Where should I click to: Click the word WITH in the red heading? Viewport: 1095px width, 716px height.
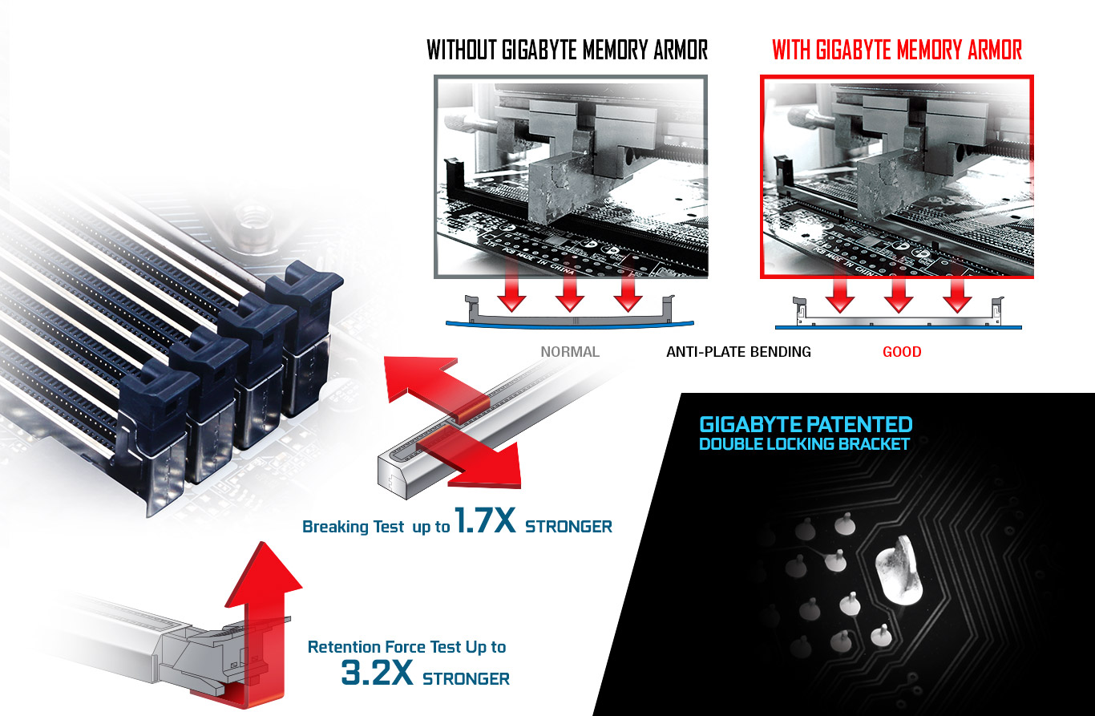click(x=791, y=50)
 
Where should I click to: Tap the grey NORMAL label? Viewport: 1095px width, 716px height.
click(x=570, y=352)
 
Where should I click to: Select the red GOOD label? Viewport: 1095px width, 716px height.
click(x=902, y=352)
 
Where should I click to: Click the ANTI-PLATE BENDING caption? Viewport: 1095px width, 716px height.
click(x=738, y=352)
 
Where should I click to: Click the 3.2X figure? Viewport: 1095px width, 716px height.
click(x=377, y=673)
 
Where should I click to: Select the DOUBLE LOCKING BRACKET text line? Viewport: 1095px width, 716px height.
click(x=804, y=444)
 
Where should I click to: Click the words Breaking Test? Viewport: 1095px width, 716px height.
click(x=353, y=526)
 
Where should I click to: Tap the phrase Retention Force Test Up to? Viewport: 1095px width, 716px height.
click(x=406, y=646)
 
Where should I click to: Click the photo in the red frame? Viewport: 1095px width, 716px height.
click(x=897, y=176)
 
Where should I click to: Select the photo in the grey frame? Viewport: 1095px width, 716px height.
click(x=571, y=176)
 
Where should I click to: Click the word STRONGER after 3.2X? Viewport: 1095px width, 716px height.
click(x=466, y=679)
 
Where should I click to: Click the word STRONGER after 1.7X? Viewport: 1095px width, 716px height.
click(x=568, y=526)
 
